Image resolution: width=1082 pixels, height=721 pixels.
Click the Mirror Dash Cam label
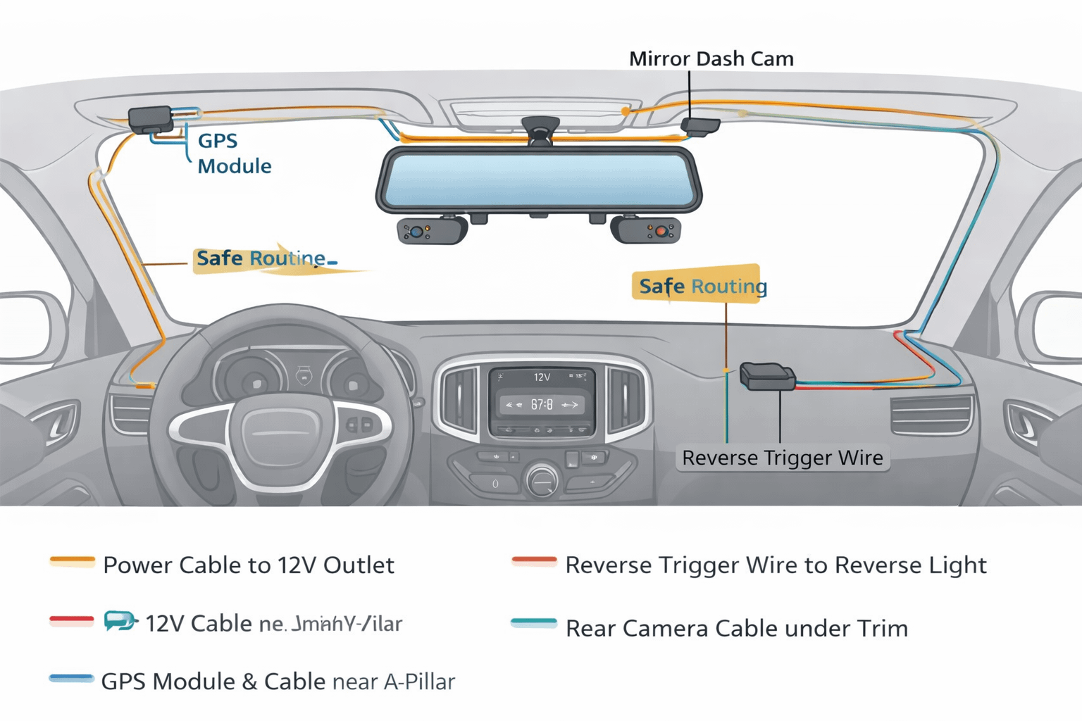711,58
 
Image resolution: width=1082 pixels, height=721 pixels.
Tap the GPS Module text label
233,153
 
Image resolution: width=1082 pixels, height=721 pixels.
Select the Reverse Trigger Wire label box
782,458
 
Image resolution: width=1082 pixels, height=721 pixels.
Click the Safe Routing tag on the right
697,284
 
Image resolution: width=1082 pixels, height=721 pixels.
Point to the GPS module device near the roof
150,119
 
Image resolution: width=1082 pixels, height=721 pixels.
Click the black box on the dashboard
766,377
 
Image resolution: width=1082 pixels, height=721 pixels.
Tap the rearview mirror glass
538,180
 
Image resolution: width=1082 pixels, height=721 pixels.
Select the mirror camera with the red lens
647,230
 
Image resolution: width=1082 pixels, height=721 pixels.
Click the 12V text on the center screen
541,377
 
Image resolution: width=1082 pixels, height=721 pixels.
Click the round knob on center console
541,481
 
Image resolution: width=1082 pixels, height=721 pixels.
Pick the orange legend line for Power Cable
72,561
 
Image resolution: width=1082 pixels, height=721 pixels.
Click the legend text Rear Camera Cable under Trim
736,628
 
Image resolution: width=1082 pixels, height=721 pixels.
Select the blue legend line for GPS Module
71,679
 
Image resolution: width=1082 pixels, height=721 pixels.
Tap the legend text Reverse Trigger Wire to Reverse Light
775,565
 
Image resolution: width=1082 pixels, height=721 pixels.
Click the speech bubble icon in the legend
120,620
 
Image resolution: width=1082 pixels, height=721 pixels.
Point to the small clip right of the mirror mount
700,126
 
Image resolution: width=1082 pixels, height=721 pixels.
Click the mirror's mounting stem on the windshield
540,131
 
